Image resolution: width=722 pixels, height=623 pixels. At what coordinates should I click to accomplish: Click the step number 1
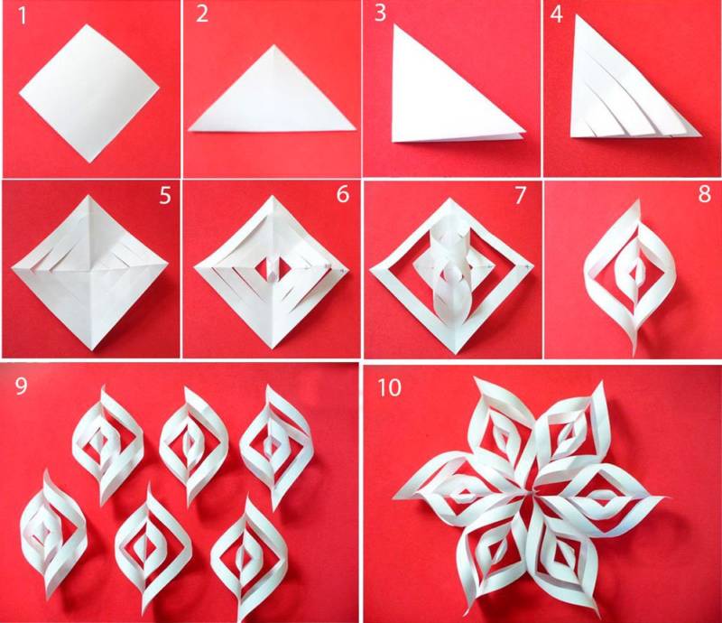pos(22,15)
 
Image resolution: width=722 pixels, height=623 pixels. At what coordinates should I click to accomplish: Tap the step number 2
pos(201,14)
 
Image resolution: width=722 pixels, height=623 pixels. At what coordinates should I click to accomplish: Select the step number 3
pos(380,13)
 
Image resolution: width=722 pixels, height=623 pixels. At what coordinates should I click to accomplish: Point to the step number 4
pos(556,14)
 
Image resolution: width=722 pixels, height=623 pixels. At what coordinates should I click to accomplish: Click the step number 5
pos(165,195)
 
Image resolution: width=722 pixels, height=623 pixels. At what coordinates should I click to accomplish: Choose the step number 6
pos(343,194)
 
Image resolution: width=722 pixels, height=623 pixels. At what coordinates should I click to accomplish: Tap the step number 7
pos(520,195)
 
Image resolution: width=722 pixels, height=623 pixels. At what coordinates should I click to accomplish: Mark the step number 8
pos(704,194)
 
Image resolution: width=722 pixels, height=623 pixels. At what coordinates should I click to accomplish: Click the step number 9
pos(21,386)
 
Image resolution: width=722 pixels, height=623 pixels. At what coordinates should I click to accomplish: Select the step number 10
pos(390,387)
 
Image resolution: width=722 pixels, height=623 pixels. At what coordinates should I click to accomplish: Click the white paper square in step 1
pos(89,93)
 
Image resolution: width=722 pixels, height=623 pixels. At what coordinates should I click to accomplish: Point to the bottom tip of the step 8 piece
pos(635,355)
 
